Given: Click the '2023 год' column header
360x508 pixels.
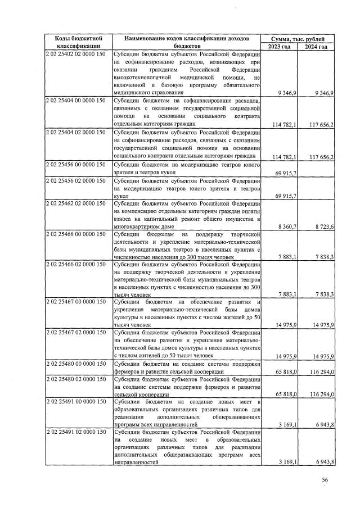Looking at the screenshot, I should click(x=280, y=46).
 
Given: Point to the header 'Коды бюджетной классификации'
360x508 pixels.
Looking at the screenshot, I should click(x=78, y=42).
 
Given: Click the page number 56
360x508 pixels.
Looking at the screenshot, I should click(x=325, y=479).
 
